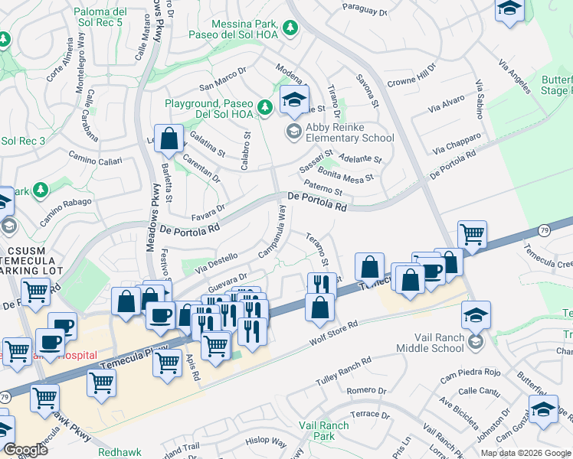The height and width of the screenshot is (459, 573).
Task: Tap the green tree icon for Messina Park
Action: [290, 29]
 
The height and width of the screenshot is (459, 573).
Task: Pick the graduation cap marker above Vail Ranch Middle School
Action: [476, 315]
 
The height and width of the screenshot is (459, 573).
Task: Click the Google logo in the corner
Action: [25, 450]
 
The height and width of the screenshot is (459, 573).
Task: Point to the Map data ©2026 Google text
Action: [525, 452]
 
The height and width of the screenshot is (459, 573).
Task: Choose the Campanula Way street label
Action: [271, 237]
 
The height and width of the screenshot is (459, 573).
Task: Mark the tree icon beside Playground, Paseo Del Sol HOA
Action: [265, 108]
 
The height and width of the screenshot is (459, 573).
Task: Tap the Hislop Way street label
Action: [267, 443]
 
